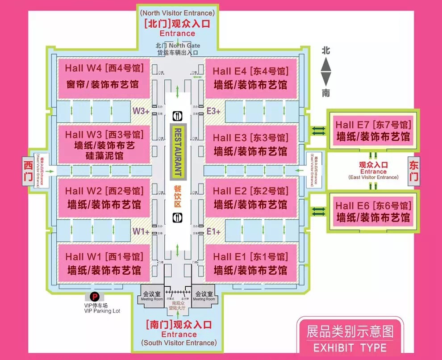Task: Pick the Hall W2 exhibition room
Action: pyautogui.click(x=103, y=198)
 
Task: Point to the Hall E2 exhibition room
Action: pyautogui.click(x=251, y=198)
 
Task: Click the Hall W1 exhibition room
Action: pyautogui.click(x=103, y=264)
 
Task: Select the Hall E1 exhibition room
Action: pyautogui.click(x=251, y=264)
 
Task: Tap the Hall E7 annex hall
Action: pyautogui.click(x=373, y=131)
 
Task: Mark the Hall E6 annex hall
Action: pyautogui.click(x=373, y=212)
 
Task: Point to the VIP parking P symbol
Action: pyautogui.click(x=94, y=296)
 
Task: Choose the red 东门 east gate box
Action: pyautogui.click(x=413, y=171)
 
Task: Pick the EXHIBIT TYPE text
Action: pyautogui.click(x=350, y=347)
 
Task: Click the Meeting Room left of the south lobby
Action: pyautogui.click(x=152, y=296)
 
